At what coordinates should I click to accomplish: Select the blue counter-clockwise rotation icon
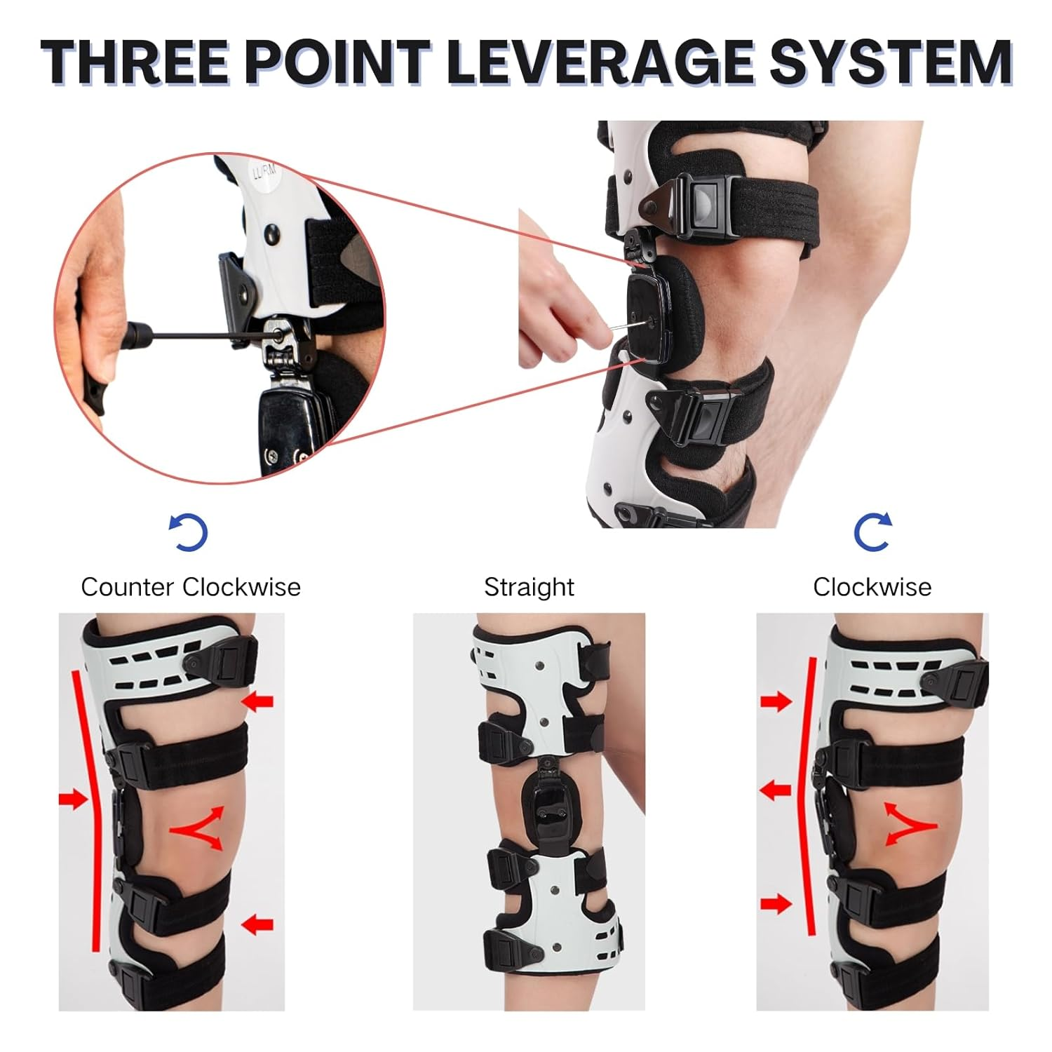pyautogui.click(x=189, y=532)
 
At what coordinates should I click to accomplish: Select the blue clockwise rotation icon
pyautogui.click(x=872, y=532)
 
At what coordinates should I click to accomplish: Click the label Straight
pyautogui.click(x=529, y=587)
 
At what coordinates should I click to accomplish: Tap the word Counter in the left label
pyautogui.click(x=127, y=587)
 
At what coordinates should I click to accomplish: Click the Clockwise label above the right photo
pyautogui.click(x=872, y=587)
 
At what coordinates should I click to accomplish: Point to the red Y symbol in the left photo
pyautogui.click(x=198, y=828)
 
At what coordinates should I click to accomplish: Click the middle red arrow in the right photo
pyautogui.click(x=776, y=791)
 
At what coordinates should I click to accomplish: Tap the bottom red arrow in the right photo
pyautogui.click(x=776, y=904)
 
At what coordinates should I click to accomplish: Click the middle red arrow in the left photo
pyautogui.click(x=72, y=799)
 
